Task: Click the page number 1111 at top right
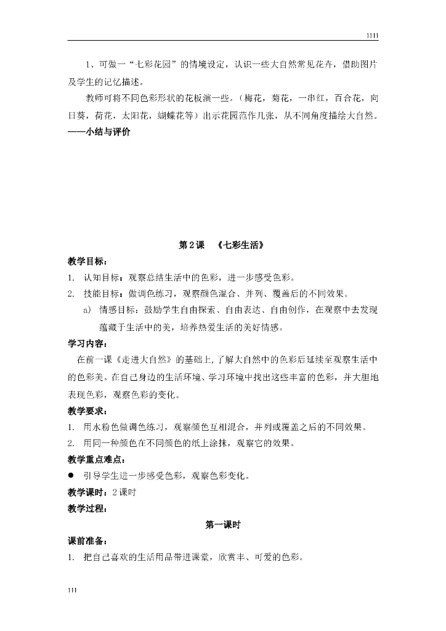pyautogui.click(x=372, y=36)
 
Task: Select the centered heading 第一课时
pyautogui.click(x=222, y=525)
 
